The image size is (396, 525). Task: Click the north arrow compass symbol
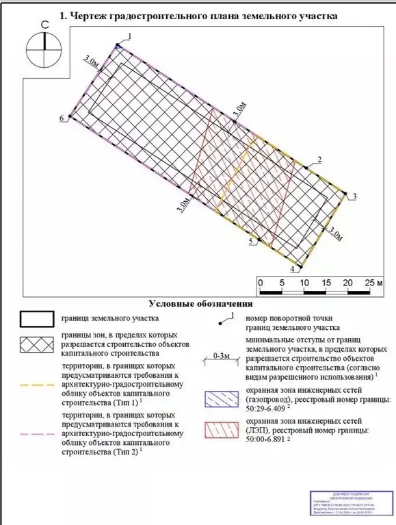tap(44, 47)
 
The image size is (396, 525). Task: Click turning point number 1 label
tap(130, 34)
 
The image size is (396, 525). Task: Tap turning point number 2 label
tap(319, 160)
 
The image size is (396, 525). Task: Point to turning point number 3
tap(354, 197)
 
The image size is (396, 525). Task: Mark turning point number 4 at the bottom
tap(293, 270)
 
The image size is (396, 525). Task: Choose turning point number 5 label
tap(251, 242)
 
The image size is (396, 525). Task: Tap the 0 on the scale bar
tap(260, 283)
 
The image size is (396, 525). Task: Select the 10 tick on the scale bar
tap(304, 283)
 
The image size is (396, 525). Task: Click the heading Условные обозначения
tap(200, 303)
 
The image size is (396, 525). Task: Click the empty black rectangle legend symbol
tap(36, 319)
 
